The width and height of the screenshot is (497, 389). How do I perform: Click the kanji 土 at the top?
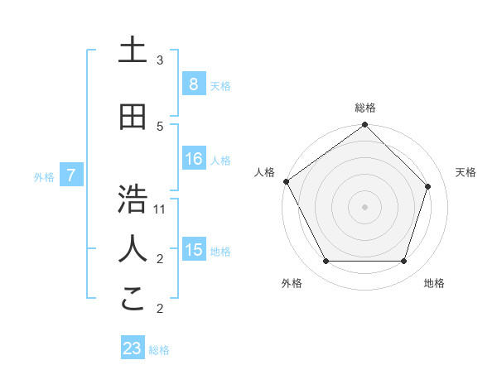[132, 50]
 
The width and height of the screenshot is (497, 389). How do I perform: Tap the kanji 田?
[132, 117]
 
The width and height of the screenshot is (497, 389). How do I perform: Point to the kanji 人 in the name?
[132, 248]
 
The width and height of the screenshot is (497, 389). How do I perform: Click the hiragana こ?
[132, 298]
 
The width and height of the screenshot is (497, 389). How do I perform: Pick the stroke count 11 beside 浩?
[160, 209]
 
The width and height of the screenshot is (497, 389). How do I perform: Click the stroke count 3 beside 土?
[160, 60]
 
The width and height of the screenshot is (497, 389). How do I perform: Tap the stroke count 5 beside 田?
[160, 126]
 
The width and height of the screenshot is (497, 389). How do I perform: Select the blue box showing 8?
[193, 84]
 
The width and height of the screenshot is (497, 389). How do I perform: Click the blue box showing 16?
[193, 159]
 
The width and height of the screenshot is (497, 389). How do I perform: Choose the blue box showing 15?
[193, 250]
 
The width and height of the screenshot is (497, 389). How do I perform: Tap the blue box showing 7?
[71, 175]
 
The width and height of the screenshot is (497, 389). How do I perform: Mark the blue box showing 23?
[133, 348]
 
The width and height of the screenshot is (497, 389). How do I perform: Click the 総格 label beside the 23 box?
[159, 350]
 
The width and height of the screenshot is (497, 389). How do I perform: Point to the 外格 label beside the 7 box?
[44, 176]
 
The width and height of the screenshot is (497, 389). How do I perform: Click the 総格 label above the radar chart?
[364, 108]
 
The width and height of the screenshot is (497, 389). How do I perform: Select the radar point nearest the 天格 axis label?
[428, 186]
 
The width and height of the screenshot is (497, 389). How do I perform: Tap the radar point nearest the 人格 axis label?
[286, 181]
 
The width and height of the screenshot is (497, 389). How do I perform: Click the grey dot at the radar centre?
[364, 206]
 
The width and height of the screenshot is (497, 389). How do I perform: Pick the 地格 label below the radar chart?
[434, 283]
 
